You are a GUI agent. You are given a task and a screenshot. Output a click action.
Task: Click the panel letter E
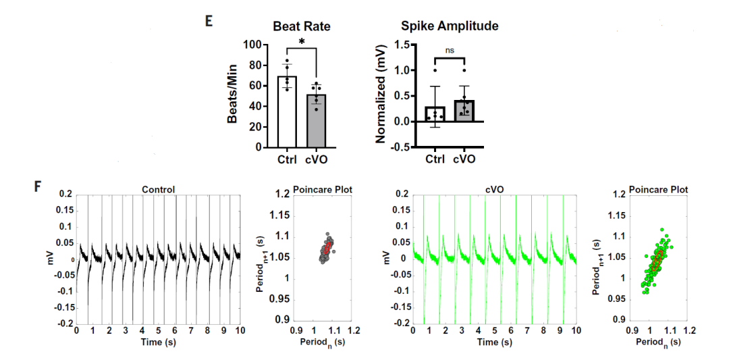coord(209,20)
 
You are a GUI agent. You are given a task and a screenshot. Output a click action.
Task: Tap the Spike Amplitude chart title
coord(450,26)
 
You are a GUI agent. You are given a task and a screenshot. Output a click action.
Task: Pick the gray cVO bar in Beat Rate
coord(316,121)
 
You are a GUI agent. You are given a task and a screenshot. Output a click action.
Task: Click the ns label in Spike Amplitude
coord(449,50)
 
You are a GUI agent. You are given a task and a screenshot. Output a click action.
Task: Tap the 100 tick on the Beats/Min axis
coord(253,45)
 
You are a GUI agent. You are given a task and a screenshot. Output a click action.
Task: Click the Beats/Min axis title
coord(232,95)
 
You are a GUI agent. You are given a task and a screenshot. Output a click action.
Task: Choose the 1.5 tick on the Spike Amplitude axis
coord(402,45)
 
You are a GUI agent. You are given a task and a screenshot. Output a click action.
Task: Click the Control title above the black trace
coord(159,190)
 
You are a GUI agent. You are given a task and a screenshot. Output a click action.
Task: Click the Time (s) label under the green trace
coord(496,342)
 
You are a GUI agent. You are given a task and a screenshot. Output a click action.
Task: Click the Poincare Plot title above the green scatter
coord(659,190)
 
